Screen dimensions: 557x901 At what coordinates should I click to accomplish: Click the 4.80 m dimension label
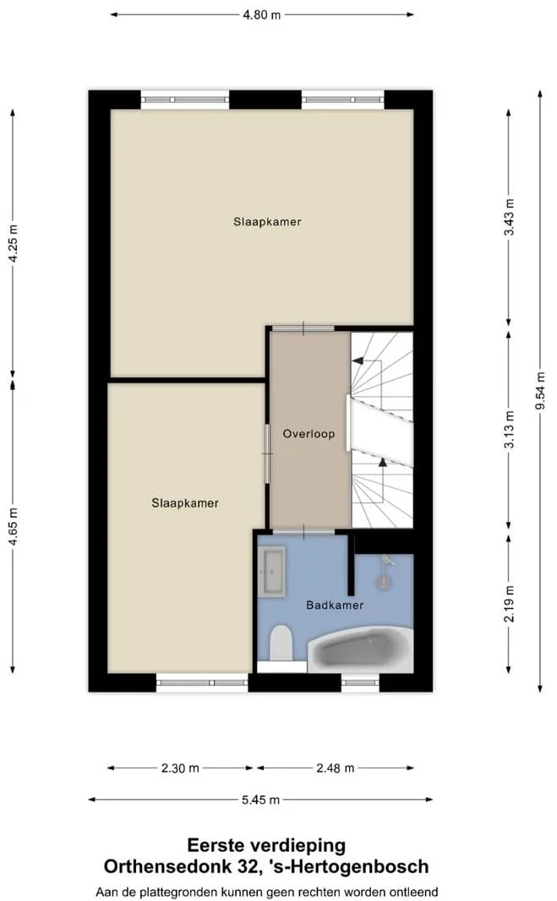(x=262, y=15)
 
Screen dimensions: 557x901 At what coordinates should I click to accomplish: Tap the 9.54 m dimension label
(x=540, y=391)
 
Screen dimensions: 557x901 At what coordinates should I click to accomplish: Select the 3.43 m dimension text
(x=509, y=217)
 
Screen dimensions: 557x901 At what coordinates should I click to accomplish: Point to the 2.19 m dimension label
(x=509, y=604)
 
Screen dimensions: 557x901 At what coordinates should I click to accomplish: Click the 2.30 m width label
(x=180, y=768)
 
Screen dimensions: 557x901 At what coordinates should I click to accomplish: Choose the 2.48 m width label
(x=336, y=768)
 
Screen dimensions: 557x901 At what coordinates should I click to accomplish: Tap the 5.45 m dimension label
(x=260, y=800)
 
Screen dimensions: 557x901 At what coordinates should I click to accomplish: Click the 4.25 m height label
(x=13, y=242)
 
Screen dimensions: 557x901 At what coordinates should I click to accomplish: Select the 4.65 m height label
(x=13, y=527)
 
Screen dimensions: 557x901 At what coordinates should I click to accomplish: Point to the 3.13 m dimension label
(x=509, y=430)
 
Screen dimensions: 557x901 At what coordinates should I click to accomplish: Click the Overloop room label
(x=309, y=434)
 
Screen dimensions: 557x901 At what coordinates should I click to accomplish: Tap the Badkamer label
(x=335, y=605)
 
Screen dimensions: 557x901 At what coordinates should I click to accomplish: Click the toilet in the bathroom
(x=281, y=643)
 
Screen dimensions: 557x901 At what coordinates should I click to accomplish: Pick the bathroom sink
(x=271, y=572)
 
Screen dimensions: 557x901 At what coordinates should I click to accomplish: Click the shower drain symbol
(x=384, y=582)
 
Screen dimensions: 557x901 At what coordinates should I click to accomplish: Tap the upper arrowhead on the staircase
(x=358, y=361)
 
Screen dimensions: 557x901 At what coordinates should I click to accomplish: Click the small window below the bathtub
(x=360, y=682)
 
